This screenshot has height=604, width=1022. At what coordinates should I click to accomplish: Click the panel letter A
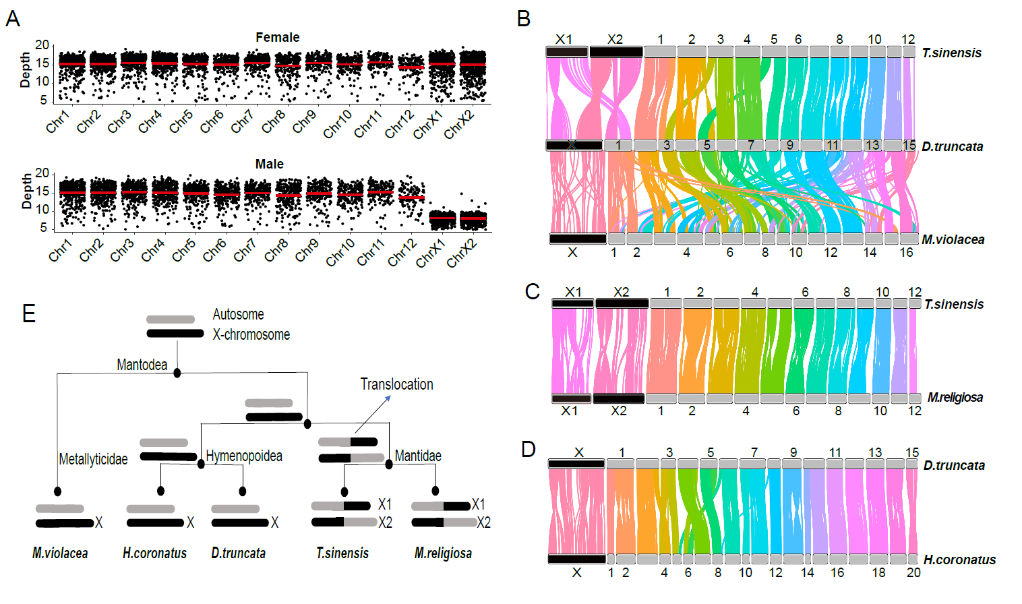(x=12, y=19)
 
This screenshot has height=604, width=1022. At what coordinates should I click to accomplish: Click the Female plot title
(x=277, y=38)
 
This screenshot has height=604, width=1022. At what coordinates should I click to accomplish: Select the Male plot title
(x=269, y=164)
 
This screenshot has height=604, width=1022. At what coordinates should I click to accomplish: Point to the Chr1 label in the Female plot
(x=58, y=122)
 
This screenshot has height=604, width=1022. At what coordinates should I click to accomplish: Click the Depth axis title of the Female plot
(x=26, y=70)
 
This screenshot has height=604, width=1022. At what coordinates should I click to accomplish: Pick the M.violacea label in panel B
(x=953, y=239)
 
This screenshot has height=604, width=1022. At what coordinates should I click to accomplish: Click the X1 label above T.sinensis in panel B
(x=564, y=40)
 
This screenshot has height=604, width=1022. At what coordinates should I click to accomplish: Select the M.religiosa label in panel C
(x=955, y=398)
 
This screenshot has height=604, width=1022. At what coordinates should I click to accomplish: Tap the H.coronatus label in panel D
(x=959, y=560)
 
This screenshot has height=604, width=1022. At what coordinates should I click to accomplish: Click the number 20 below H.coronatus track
(x=913, y=572)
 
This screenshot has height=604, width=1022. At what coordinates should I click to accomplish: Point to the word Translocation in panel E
(x=396, y=384)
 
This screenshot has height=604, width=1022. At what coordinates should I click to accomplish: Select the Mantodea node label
(x=142, y=365)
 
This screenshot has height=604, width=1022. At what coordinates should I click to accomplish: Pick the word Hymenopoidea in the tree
(x=244, y=456)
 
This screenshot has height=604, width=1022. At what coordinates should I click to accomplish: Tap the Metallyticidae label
(x=93, y=460)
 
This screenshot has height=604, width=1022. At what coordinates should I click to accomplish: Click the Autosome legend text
(x=238, y=315)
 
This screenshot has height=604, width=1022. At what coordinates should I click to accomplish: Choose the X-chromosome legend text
(x=251, y=335)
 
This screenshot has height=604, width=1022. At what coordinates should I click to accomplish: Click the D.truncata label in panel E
(x=238, y=553)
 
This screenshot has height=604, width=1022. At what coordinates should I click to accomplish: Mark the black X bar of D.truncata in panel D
(x=576, y=464)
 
